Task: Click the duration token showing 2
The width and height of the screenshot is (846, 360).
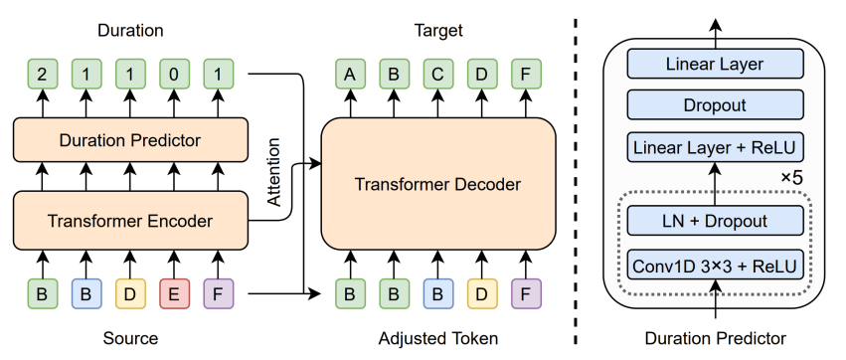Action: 41,73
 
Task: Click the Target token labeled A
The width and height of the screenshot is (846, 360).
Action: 349,73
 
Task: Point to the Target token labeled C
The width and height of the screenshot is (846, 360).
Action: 437,73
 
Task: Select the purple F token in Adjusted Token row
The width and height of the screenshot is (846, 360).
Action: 525,293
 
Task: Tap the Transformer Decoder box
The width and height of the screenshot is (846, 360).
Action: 437,184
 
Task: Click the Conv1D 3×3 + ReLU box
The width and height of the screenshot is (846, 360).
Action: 714,266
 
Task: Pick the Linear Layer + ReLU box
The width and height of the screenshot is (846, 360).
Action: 714,148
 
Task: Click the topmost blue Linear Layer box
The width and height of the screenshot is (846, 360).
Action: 714,65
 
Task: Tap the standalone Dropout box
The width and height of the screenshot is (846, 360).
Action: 714,105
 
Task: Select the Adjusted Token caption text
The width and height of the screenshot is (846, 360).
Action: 437,338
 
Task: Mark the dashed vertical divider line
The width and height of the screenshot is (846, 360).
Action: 580,179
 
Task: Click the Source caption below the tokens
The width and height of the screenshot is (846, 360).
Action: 130,338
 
